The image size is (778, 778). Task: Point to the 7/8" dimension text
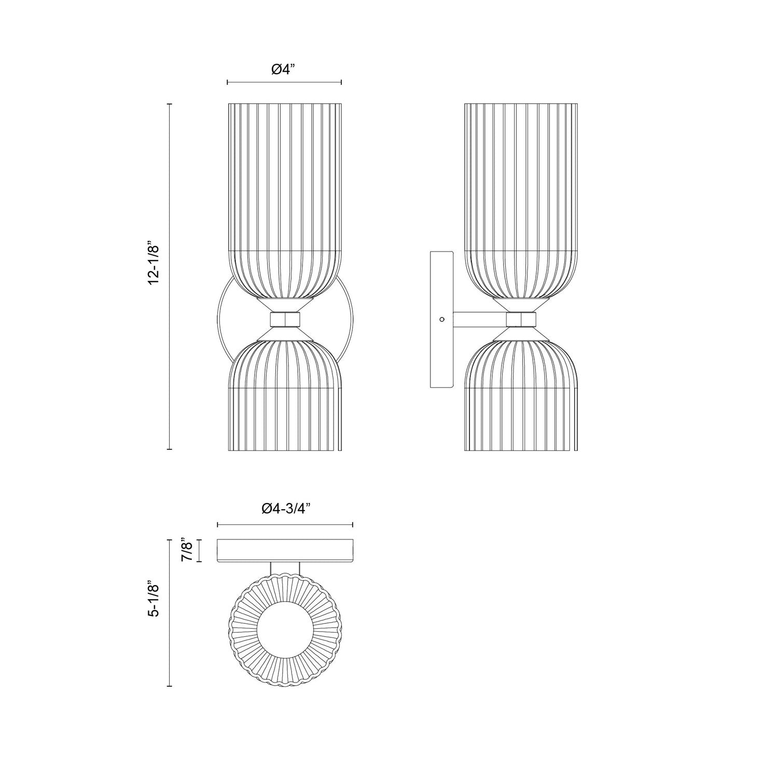[x=187, y=551]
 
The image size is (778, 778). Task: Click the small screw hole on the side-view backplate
[x=441, y=319]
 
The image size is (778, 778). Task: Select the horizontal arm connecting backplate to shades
[x=480, y=319]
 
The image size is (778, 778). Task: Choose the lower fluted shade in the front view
[x=285, y=399]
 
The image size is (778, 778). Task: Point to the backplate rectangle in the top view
[x=285, y=551]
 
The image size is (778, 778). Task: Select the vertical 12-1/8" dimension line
[x=169, y=277]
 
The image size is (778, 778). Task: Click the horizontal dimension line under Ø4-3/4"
[x=285, y=525]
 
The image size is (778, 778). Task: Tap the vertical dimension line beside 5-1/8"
[x=170, y=612]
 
